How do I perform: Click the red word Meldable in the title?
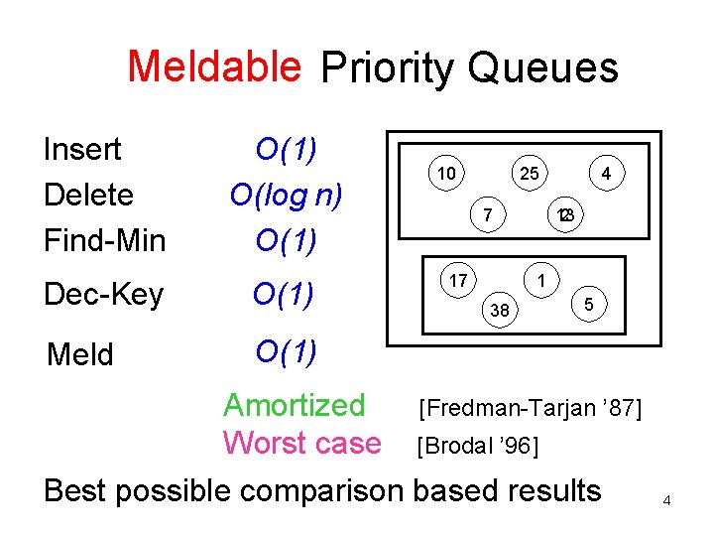point(214,67)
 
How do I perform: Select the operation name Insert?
point(82,150)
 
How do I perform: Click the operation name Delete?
point(88,195)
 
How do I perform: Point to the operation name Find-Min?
point(104,240)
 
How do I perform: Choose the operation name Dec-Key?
point(103,295)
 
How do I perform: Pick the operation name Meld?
point(80,354)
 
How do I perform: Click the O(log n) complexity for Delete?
point(286,195)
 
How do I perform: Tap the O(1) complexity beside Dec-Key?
point(285,295)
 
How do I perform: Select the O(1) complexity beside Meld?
point(286,350)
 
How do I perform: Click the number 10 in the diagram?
point(446,175)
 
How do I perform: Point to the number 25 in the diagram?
point(530,175)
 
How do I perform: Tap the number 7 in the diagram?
point(486,214)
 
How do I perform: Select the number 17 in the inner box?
point(457,281)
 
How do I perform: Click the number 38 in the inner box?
point(501,311)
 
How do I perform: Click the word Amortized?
point(295,405)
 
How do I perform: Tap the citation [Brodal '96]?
point(478,446)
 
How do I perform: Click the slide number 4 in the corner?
point(667,501)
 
